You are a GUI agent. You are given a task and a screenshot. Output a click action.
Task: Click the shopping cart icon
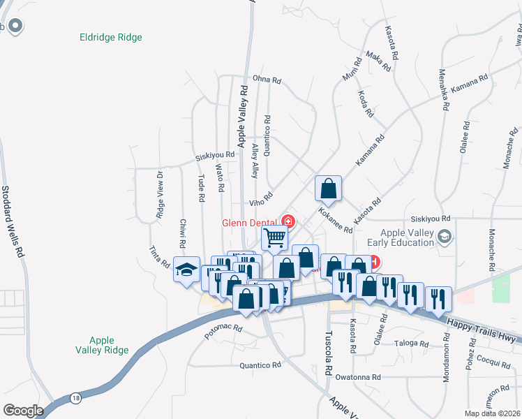coord(275,238)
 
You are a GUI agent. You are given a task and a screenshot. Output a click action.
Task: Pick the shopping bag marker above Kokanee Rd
coord(327,188)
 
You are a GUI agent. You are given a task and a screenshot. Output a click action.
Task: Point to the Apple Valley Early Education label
coord(408,238)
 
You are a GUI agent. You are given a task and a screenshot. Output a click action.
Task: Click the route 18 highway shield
coord(75,397)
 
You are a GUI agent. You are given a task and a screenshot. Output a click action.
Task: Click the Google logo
coord(23,410)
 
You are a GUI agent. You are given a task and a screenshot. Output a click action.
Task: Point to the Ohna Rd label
coord(267,80)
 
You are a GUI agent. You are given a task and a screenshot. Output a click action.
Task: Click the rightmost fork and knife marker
coord(438,298)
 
